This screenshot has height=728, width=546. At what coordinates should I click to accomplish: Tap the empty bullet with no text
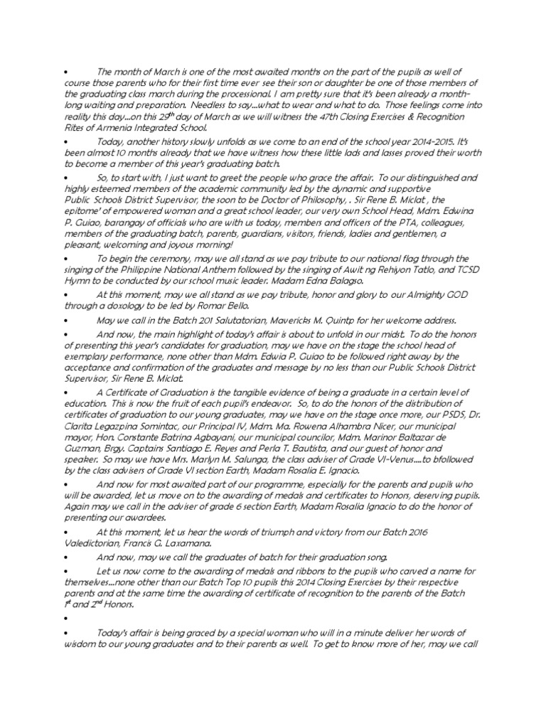(65, 619)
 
